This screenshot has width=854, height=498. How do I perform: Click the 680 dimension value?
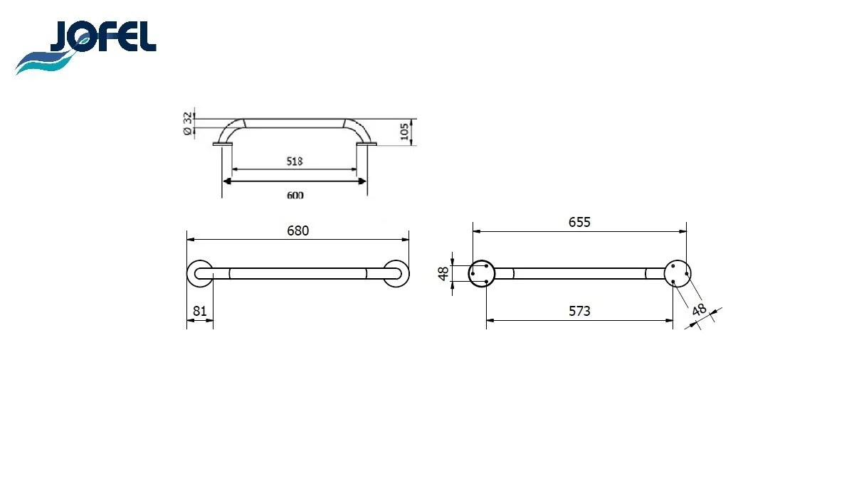[x=297, y=231]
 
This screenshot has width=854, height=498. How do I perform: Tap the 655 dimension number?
[x=579, y=222]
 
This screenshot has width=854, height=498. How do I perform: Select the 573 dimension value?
[x=579, y=312]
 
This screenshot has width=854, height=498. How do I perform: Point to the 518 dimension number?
[x=295, y=161]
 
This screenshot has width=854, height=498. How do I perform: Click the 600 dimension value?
[x=295, y=196]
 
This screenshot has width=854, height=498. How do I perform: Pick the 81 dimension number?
[x=199, y=312]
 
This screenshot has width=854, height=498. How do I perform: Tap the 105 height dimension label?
[x=404, y=132]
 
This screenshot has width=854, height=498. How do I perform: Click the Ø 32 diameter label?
[x=188, y=124]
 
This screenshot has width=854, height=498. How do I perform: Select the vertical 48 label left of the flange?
[x=443, y=273]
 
